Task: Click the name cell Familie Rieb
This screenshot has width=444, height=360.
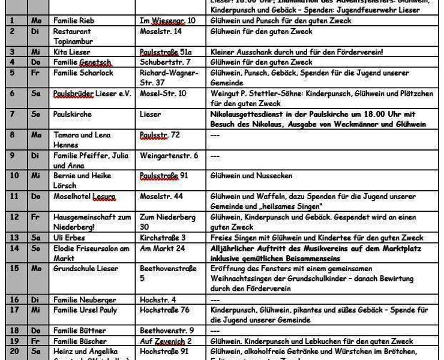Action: [75, 21]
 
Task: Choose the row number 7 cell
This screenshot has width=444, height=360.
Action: [12, 113]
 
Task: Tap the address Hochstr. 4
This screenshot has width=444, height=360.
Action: [158, 299]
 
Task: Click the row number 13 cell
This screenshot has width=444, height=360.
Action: [12, 238]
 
